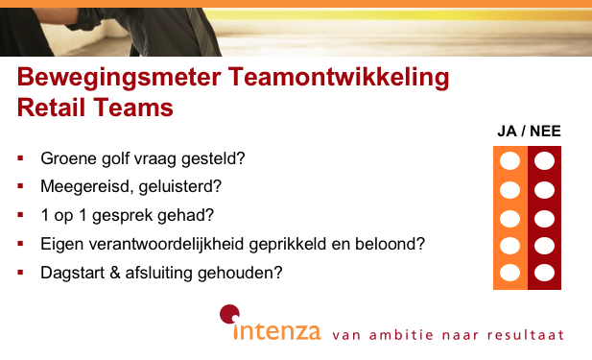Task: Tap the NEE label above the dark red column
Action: pos(545,132)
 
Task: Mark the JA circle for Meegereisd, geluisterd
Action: pos(510,189)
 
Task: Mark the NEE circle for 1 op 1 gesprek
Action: pos(545,217)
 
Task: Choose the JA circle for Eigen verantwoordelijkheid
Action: pos(510,245)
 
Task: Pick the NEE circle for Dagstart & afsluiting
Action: pos(545,273)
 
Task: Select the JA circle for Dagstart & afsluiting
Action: pos(510,273)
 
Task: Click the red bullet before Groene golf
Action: pos(21,156)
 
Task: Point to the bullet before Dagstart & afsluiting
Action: pos(21,272)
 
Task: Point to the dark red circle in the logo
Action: pos(228,312)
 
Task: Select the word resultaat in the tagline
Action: pos(527,336)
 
